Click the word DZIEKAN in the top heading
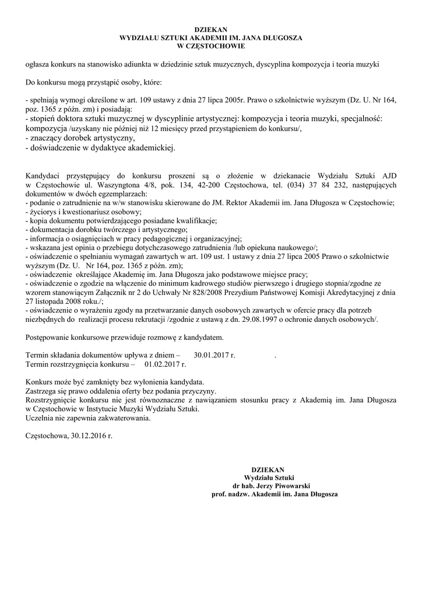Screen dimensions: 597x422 (210, 29)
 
